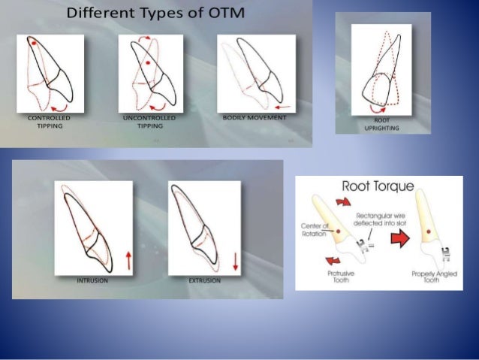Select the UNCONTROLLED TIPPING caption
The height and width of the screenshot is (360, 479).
point(149,123)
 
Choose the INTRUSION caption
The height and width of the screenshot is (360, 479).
point(92,280)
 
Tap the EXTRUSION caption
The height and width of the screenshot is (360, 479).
point(204,280)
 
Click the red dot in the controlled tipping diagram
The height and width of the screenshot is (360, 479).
point(35,44)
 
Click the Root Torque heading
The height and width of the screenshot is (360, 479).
point(376,186)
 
